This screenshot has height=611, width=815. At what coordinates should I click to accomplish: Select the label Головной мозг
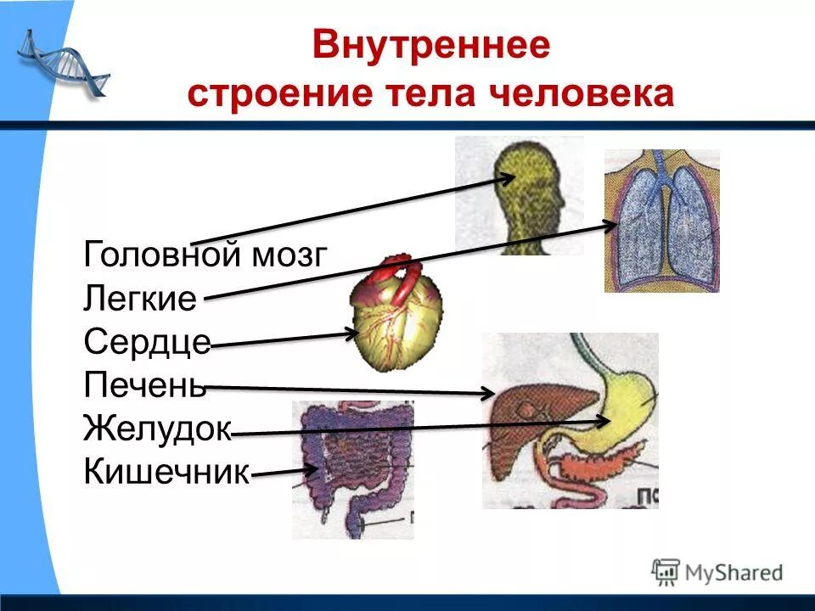pos(205,254)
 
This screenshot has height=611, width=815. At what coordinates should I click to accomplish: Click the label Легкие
pos(141,298)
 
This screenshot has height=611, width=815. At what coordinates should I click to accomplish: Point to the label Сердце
pos(147,342)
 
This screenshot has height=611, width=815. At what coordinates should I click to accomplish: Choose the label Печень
pos(145,385)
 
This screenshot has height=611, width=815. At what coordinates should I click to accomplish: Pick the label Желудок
pos(157,429)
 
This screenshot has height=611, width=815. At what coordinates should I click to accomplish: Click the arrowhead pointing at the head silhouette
pos(508,178)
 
